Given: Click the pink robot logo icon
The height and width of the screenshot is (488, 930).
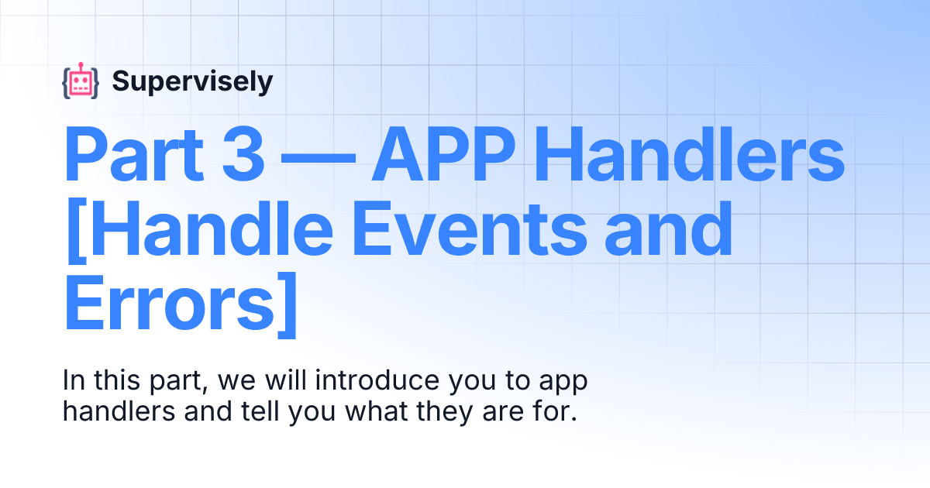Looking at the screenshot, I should pos(81,81).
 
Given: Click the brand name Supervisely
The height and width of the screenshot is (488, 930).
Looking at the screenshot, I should pos(192,81).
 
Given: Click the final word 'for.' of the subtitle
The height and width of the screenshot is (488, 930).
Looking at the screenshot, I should pos(559,411).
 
